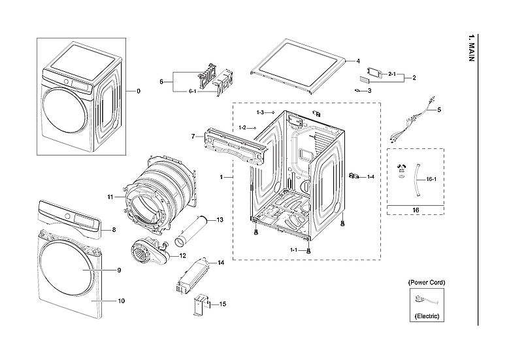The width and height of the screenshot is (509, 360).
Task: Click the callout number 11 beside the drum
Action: click(x=110, y=197)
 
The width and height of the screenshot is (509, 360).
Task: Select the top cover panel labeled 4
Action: click(x=297, y=69)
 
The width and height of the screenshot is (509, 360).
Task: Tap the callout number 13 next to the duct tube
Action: click(x=220, y=220)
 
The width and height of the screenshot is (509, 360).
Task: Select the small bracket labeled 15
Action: click(x=199, y=305)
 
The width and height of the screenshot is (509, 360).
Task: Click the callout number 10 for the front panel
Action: click(x=122, y=301)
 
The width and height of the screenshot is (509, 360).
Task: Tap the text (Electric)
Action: click(x=427, y=316)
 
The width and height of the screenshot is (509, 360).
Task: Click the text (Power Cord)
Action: click(x=427, y=282)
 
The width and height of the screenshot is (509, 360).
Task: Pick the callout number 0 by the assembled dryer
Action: click(x=138, y=91)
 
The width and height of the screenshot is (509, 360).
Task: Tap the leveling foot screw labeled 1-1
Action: click(x=308, y=250)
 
